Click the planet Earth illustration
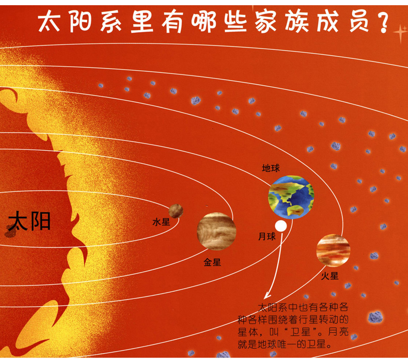pyautogui.click(x=291, y=197)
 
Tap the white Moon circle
pyautogui.click(x=280, y=226)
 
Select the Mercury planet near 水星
pyautogui.click(x=176, y=211)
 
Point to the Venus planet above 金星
pyautogui.click(x=216, y=231)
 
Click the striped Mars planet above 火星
pyautogui.click(x=333, y=251)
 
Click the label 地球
pyautogui.click(x=271, y=168)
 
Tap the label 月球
pyautogui.click(x=267, y=237)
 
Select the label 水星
pyautogui.click(x=161, y=222)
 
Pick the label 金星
pyautogui.click(x=212, y=262)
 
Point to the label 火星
pyautogui.click(x=329, y=276)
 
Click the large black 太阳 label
pyautogui.click(x=29, y=222)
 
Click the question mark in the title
pyautogui.click(x=382, y=22)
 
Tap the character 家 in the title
pyautogui.click(x=265, y=22)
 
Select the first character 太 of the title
pyautogui.click(x=49, y=22)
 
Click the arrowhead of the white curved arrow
pyautogui.click(x=267, y=296)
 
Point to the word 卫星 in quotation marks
pyautogui.click(x=301, y=332)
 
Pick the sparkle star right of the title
pyautogui.click(x=400, y=33)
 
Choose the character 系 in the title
pyautogui.click(x=111, y=22)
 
